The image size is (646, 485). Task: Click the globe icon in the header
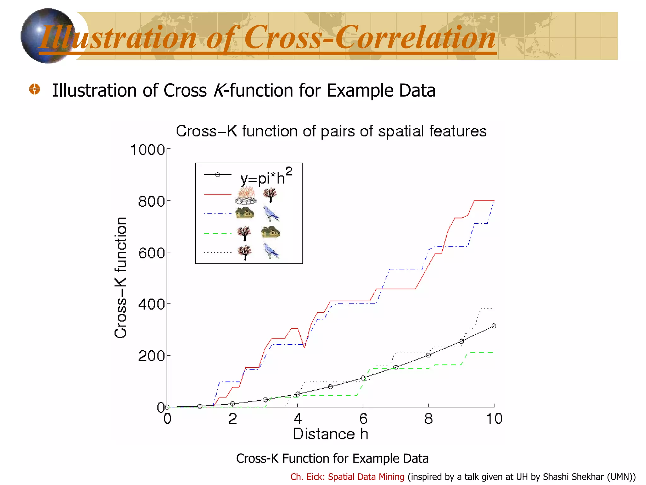coord(47,35)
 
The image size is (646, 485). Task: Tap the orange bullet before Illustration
coord(34,89)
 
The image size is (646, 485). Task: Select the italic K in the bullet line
coord(218,91)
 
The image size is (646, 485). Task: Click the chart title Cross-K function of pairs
coord(331,131)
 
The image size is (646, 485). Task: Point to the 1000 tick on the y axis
coord(147,150)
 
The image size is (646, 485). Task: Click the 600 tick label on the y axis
coord(151,253)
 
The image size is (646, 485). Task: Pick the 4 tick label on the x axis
coord(297,419)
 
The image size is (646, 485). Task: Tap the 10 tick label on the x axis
coord(494,419)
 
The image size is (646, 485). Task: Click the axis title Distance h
coord(330,434)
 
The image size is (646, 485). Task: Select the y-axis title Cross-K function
coord(121,278)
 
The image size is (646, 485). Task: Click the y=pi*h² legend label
coord(266,177)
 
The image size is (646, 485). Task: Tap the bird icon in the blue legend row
coord(271,214)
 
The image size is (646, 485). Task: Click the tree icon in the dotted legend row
coord(244,253)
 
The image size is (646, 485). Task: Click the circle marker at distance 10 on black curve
coord(494,326)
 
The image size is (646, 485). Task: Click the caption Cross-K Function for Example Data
coord(332,458)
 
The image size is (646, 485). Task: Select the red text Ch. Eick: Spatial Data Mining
coord(347,477)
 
